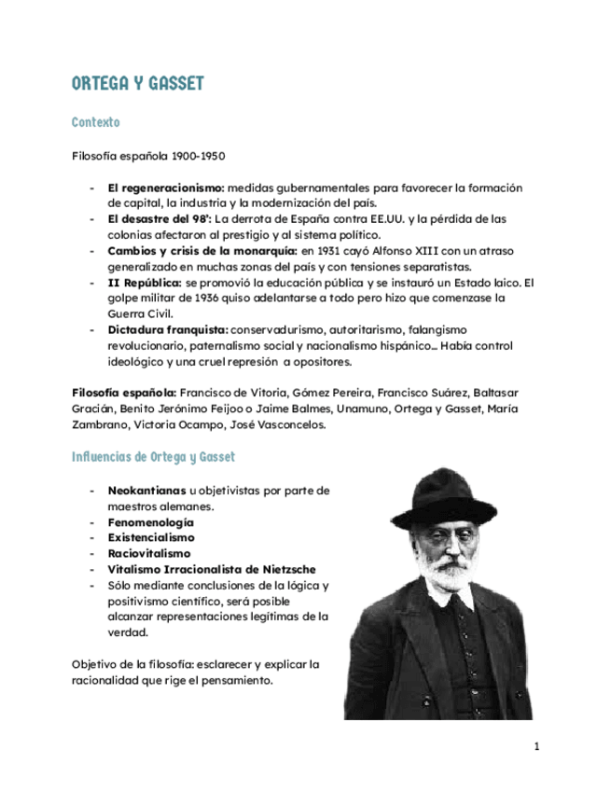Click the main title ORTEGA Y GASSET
click(x=138, y=84)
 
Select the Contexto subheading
click(x=95, y=122)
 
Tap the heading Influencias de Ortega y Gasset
click(x=154, y=457)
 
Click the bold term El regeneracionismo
click(x=166, y=187)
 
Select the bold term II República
click(x=145, y=283)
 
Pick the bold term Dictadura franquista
click(x=168, y=330)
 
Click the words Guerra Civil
click(x=135, y=314)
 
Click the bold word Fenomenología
click(x=151, y=522)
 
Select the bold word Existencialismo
click(x=151, y=538)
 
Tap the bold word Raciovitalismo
click(x=149, y=554)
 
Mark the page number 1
click(x=537, y=746)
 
